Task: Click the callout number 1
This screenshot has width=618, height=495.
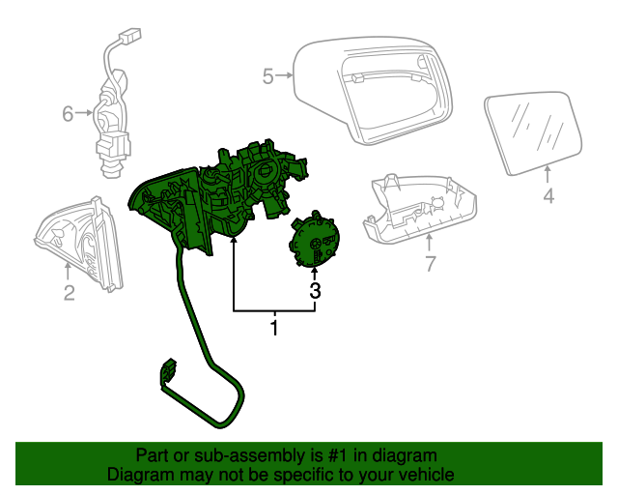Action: [274, 329]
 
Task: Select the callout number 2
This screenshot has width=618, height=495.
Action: [69, 293]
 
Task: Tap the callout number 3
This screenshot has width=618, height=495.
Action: [315, 289]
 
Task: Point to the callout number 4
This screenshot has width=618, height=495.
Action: [548, 196]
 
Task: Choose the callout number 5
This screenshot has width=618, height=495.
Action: [267, 74]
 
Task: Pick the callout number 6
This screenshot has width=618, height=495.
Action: [68, 114]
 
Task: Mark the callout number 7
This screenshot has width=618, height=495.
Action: [431, 263]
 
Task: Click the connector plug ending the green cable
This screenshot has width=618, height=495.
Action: [167, 375]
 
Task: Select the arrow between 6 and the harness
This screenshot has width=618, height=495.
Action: [85, 114]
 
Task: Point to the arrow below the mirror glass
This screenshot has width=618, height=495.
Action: [548, 174]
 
